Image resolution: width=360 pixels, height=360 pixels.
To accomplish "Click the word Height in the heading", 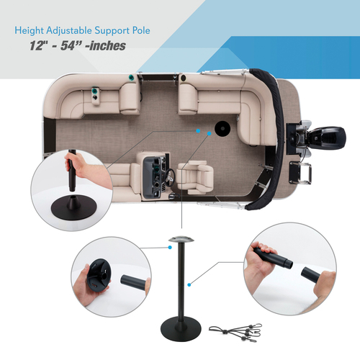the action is [30, 31].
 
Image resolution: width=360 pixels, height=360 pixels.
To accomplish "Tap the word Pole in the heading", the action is [141, 30].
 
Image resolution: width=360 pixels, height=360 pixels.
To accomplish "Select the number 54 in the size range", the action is [68, 45].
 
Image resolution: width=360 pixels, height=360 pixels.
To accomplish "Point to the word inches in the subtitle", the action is [108, 45].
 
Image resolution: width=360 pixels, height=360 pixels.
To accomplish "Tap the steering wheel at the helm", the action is [170, 177].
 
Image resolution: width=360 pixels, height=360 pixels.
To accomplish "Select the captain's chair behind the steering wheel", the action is [195, 177].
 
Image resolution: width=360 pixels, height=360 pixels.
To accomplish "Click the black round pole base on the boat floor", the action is [222, 129].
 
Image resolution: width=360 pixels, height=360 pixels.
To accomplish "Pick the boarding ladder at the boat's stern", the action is [300, 173].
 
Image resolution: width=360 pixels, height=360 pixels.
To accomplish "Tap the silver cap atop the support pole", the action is [181, 239].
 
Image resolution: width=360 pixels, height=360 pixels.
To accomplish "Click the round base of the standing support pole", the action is [181, 329].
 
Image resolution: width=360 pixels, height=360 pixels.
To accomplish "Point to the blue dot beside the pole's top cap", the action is [170, 247].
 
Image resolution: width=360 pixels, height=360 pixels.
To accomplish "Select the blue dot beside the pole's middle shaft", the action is [189, 284].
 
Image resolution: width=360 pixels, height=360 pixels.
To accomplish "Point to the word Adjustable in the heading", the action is [69, 31].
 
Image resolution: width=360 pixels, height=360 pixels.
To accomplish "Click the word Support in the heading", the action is [112, 31].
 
